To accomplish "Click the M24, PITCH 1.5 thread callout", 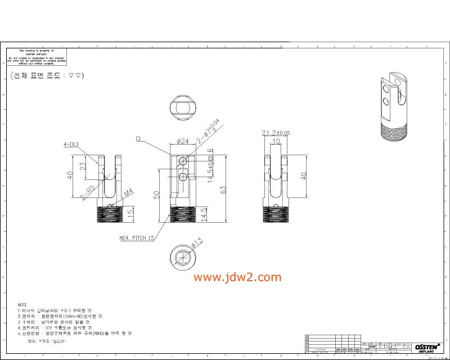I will [137, 238].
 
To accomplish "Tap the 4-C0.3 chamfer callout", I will [71, 145].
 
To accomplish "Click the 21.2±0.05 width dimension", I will [276, 133].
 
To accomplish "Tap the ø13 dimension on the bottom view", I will [196, 244].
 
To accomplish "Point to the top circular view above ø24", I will [183, 107].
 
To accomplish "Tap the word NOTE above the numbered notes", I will [22, 304].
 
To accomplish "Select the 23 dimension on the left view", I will [83, 166].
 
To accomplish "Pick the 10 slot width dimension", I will [276, 141].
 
